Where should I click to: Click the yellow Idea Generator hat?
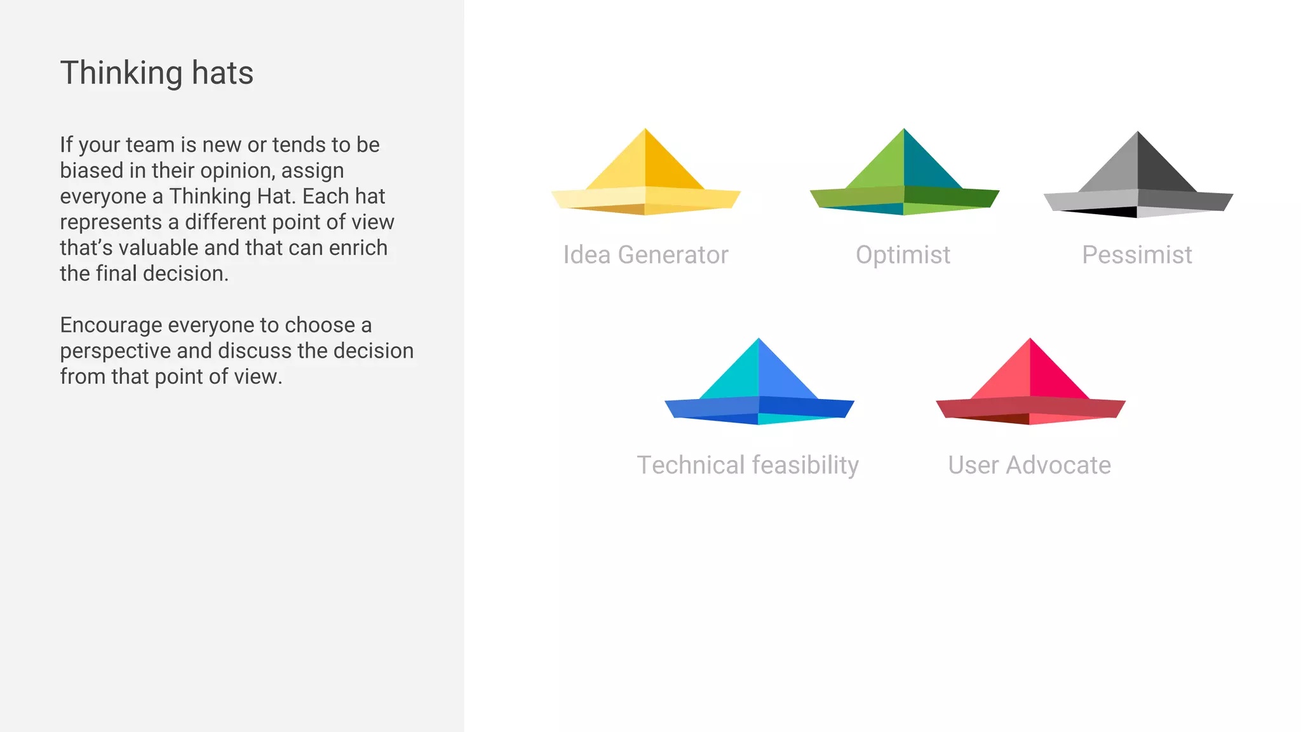(x=645, y=178)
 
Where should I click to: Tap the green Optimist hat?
(x=904, y=178)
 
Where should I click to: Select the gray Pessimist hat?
(x=1138, y=181)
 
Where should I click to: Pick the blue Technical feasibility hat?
(x=758, y=388)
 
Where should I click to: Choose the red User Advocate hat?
(x=1030, y=388)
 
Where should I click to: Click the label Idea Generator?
(x=645, y=255)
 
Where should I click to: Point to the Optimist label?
(x=903, y=255)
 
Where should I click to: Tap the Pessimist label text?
(x=1137, y=255)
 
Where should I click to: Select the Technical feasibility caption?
(x=748, y=465)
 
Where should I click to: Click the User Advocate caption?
(x=1029, y=465)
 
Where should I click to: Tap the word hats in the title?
(x=222, y=73)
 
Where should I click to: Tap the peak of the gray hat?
(x=1138, y=134)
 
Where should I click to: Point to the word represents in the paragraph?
(x=111, y=222)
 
